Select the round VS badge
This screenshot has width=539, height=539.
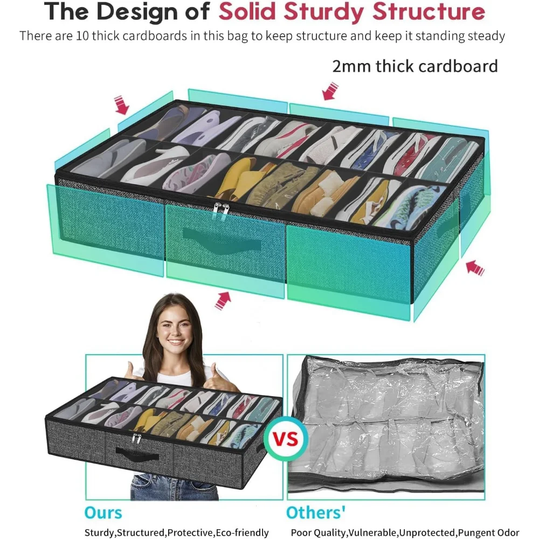(x=286, y=439)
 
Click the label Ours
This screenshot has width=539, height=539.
(x=103, y=512)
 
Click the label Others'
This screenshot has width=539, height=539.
(x=316, y=512)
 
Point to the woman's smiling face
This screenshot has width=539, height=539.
(x=174, y=331)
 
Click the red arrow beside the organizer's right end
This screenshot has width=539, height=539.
(x=474, y=267)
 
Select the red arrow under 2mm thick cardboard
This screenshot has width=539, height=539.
(x=329, y=91)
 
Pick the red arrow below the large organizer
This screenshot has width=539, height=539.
(x=223, y=300)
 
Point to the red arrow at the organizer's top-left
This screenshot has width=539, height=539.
(x=122, y=105)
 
